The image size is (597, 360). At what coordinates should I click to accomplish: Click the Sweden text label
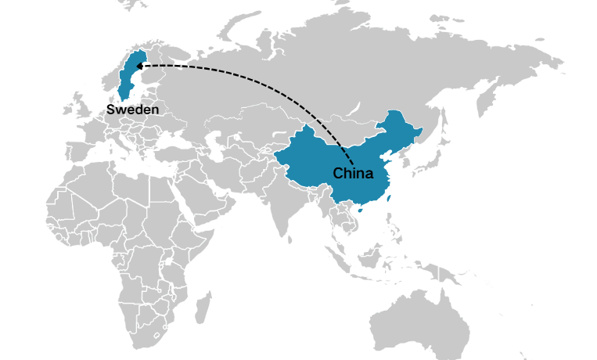point(132,110)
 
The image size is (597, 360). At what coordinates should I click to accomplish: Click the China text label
point(353,173)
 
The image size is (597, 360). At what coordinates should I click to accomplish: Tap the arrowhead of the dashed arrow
point(139,67)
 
